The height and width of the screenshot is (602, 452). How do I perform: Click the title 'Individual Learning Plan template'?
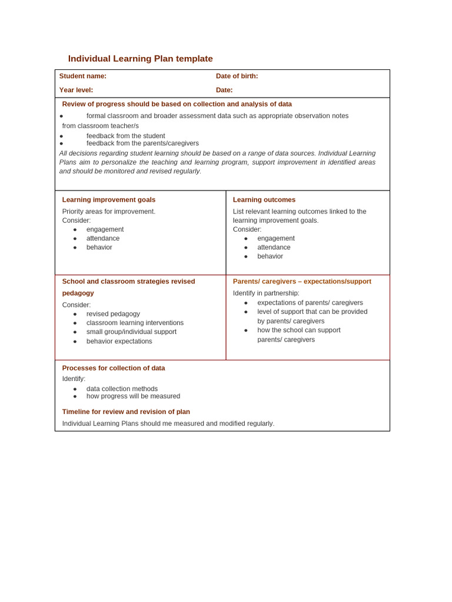click(140, 59)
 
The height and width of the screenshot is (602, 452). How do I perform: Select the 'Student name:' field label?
click(83, 76)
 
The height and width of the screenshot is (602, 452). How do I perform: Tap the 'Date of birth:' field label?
click(237, 76)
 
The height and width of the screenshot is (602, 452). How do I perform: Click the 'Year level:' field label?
click(76, 90)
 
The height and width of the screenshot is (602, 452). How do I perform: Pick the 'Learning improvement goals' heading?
click(109, 200)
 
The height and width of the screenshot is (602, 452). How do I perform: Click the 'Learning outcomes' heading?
click(264, 200)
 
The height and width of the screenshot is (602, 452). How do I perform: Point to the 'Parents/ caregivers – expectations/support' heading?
click(302, 282)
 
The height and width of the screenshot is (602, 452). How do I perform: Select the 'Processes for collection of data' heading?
click(114, 368)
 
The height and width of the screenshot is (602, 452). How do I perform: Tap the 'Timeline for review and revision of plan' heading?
click(126, 412)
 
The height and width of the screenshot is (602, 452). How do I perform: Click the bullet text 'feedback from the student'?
click(125, 136)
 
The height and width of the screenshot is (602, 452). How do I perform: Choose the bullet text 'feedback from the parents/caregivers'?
click(142, 143)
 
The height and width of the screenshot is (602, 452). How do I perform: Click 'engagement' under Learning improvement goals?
click(105, 229)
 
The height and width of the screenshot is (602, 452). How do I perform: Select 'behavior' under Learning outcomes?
click(270, 256)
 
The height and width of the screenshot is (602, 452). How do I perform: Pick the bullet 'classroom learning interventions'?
click(135, 323)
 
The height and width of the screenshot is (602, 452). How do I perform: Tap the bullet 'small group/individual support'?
click(131, 332)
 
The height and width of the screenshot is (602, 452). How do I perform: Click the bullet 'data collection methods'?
click(122, 389)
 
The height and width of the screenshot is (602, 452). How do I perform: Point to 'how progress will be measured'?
click(133, 396)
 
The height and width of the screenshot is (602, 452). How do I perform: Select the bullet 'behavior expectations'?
click(119, 341)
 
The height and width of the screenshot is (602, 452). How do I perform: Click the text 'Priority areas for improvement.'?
click(109, 212)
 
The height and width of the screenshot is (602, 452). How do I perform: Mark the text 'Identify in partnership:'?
click(266, 293)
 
